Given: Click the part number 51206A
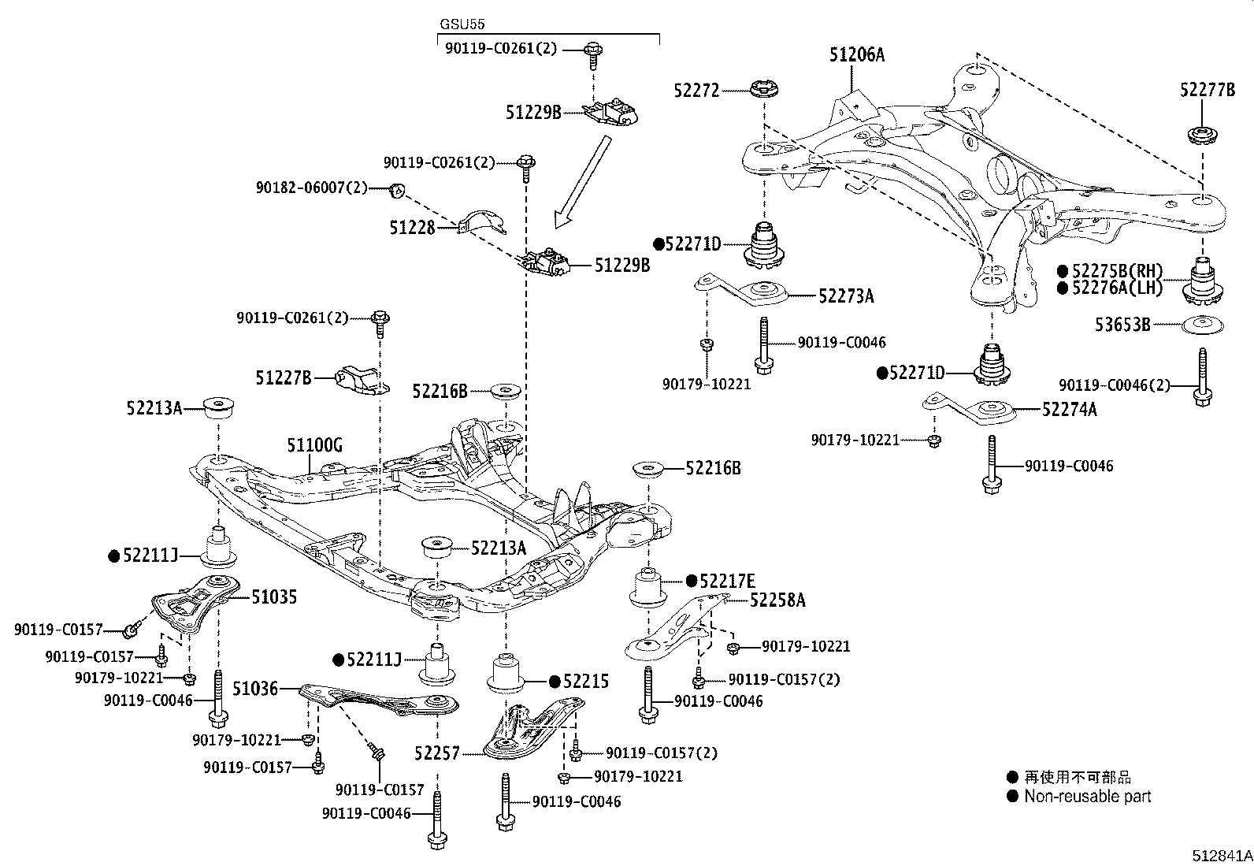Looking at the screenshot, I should [x=856, y=55].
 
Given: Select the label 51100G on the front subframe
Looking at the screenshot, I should [x=314, y=446].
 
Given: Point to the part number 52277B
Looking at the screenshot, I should [x=1207, y=90].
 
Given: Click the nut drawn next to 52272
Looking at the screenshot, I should [x=762, y=91].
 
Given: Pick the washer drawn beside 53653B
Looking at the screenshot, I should [x=1201, y=324].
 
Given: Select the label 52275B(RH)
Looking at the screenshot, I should [x=1116, y=271].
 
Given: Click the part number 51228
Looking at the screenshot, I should [x=412, y=228].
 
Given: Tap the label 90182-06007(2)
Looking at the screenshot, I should [x=311, y=188].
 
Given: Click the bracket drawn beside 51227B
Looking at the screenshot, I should [x=362, y=379].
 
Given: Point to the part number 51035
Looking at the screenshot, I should [x=274, y=597].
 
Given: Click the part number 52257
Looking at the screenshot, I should [x=436, y=754].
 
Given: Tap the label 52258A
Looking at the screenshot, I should [x=777, y=600].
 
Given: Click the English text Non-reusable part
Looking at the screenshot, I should [x=1087, y=797].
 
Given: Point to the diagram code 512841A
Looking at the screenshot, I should [x=1221, y=855].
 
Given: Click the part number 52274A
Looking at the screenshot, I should [x=1069, y=409].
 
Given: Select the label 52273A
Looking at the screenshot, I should [x=846, y=296].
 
